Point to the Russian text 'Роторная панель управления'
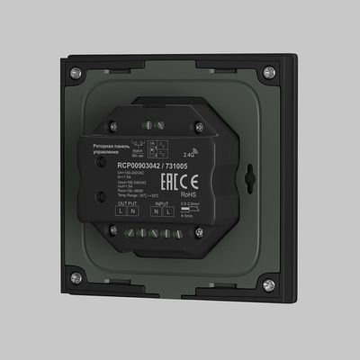(x=112, y=148)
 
